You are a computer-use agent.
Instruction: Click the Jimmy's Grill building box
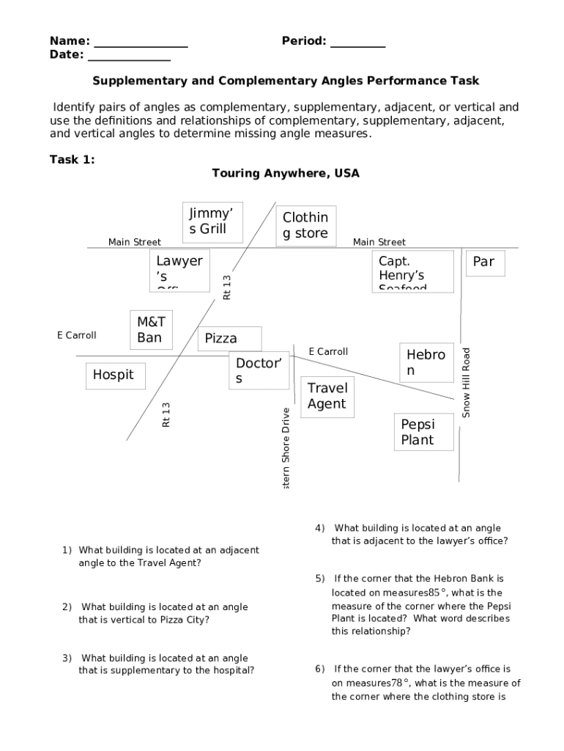212,221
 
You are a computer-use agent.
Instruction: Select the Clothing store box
306,225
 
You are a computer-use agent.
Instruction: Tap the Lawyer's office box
179,271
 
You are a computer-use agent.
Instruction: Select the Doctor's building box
259,370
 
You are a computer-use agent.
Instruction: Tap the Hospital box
114,375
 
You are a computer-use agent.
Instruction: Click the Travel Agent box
327,396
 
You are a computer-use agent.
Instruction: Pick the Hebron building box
426,362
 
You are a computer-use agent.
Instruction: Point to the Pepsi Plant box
424,432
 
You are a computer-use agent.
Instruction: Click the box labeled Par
484,263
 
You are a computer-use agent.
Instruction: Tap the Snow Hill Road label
466,383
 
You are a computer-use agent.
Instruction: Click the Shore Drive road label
286,449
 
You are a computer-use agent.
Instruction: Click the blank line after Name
141,43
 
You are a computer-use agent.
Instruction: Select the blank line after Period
357,43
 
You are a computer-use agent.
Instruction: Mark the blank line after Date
129,56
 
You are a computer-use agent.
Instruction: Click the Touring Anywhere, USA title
286,173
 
